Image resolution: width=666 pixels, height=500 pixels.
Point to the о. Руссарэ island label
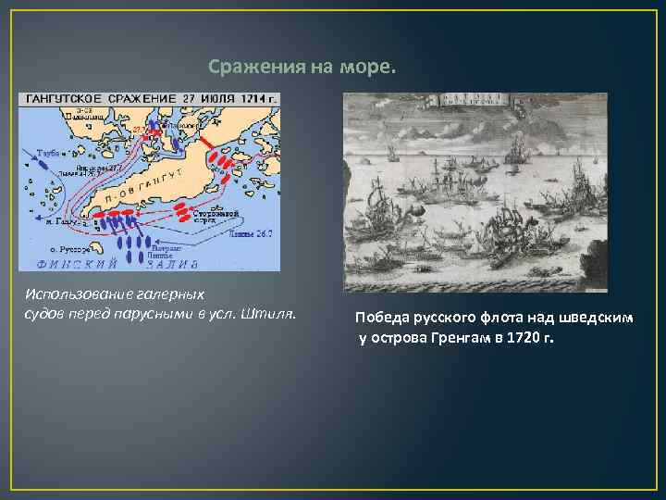point(68,249)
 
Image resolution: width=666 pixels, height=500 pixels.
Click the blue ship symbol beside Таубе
point(41,162)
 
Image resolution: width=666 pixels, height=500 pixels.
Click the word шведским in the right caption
point(600,318)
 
